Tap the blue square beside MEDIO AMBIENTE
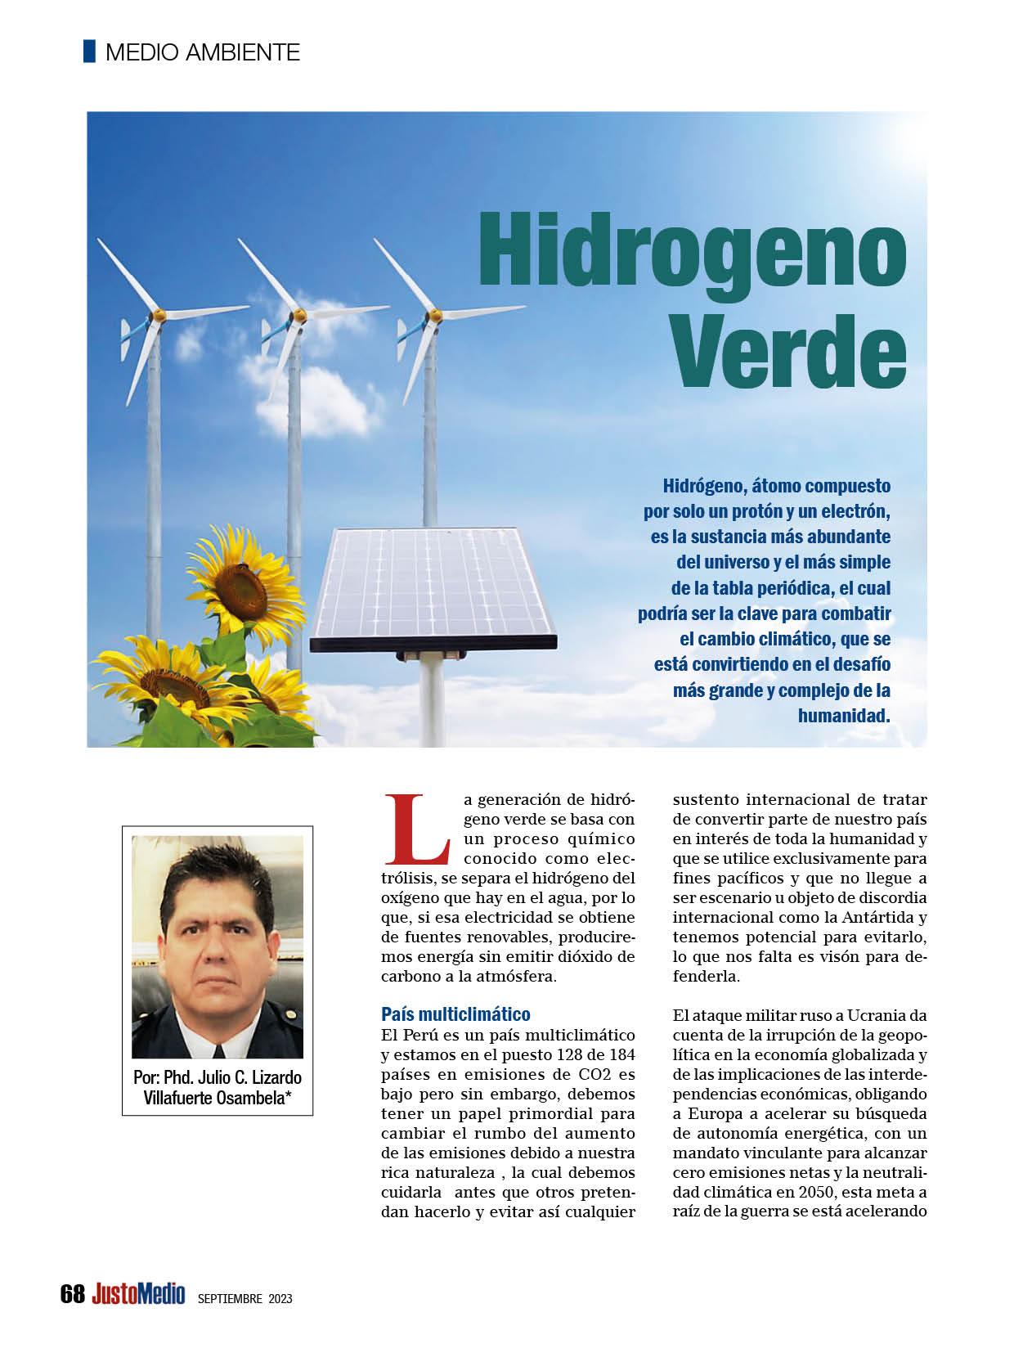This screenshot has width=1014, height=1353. coord(89,52)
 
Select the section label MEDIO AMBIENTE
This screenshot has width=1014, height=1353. coord(203,52)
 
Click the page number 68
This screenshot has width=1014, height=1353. coord(72,1294)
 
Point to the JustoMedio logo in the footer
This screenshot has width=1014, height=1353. coord(138,1294)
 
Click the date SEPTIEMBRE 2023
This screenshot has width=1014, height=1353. coord(245,1298)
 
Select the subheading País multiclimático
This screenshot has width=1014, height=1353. coord(455,1015)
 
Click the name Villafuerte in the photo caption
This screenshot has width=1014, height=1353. coord(177,1098)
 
